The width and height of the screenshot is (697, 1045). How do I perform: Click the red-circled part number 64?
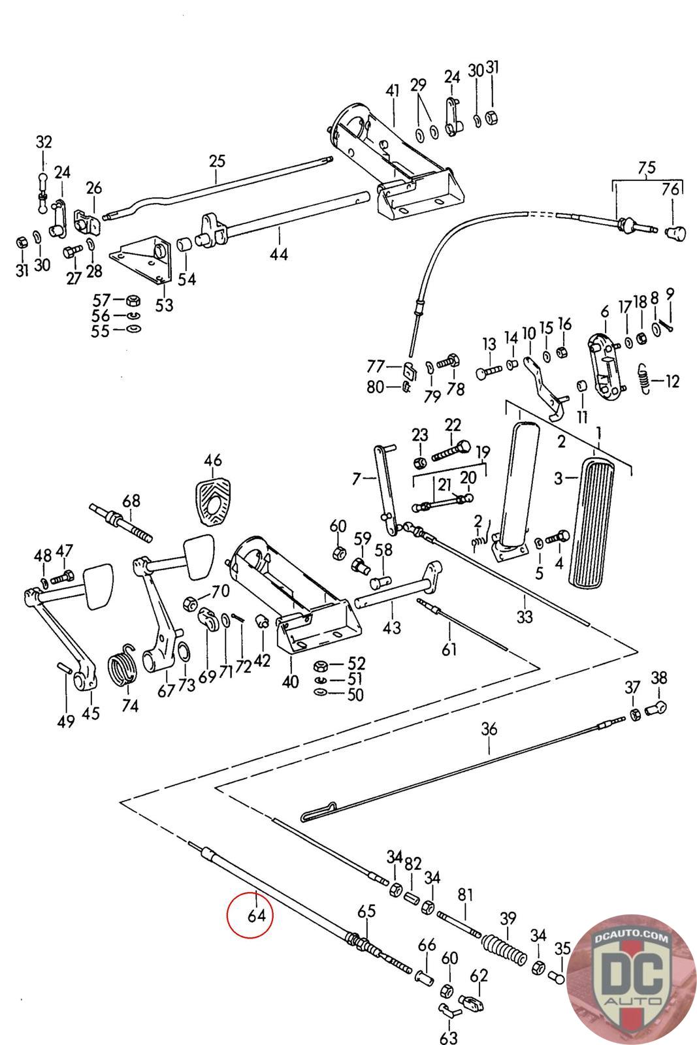[x=256, y=915]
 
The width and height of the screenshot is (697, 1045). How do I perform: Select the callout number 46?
[x=212, y=460]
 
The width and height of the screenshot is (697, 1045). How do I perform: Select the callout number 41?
[x=392, y=91]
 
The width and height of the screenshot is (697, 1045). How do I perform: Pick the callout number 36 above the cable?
[x=489, y=729]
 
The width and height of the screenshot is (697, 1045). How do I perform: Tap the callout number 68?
[x=131, y=501]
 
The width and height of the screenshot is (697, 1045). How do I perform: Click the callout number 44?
[x=279, y=253]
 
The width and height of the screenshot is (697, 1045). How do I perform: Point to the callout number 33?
[x=524, y=617]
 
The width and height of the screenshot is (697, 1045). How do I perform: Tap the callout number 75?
[x=646, y=167]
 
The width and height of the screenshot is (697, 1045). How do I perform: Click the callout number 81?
[x=464, y=895]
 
